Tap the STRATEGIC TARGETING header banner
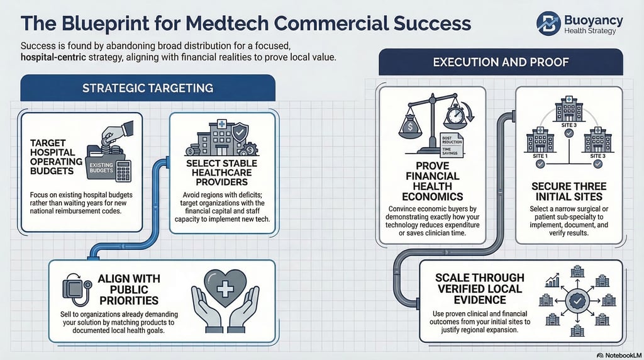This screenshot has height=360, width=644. [x=148, y=88]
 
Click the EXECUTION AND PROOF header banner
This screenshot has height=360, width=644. [x=501, y=62]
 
